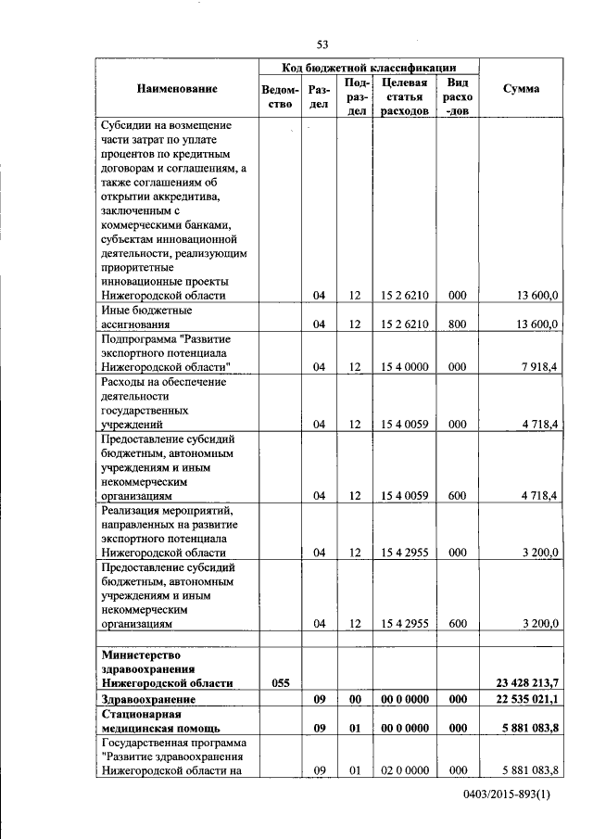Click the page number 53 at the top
tap(323, 44)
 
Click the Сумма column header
tap(521, 89)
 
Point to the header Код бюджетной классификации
tap(369, 68)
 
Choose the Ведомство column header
tap(280, 96)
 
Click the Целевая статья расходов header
tap(403, 96)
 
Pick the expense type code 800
tap(457, 324)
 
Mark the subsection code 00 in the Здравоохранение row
tap(353, 699)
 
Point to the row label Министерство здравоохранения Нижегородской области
tap(166, 668)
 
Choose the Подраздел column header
tap(353, 96)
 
